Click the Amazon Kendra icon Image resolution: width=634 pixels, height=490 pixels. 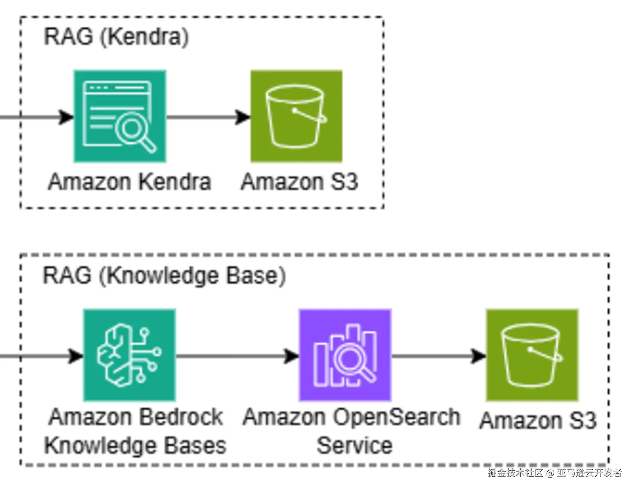(x=120, y=116)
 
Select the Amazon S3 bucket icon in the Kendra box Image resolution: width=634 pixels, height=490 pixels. (x=296, y=116)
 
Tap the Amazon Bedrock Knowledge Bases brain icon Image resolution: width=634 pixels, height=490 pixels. (x=129, y=355)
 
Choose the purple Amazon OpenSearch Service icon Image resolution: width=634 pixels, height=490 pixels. (x=345, y=355)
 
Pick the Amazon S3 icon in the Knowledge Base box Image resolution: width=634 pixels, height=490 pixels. (x=532, y=355)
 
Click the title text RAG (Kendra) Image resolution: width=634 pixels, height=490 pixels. (x=116, y=37)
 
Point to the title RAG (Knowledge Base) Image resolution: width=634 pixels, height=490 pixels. (x=164, y=276)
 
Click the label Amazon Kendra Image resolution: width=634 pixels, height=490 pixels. (x=130, y=182)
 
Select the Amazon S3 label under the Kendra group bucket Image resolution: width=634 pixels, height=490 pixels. (x=299, y=182)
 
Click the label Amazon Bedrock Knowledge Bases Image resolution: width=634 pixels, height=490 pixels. (x=135, y=431)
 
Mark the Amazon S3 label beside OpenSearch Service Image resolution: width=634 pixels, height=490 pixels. (x=538, y=420)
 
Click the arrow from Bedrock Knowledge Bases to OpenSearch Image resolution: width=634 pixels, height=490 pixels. (x=237, y=356)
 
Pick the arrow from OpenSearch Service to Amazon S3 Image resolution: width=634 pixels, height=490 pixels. (x=438, y=356)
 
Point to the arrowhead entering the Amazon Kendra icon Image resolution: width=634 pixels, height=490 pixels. (x=66, y=117)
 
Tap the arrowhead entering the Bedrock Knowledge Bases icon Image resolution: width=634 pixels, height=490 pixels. (x=76, y=356)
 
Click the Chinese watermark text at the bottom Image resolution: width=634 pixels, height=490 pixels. (x=554, y=473)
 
